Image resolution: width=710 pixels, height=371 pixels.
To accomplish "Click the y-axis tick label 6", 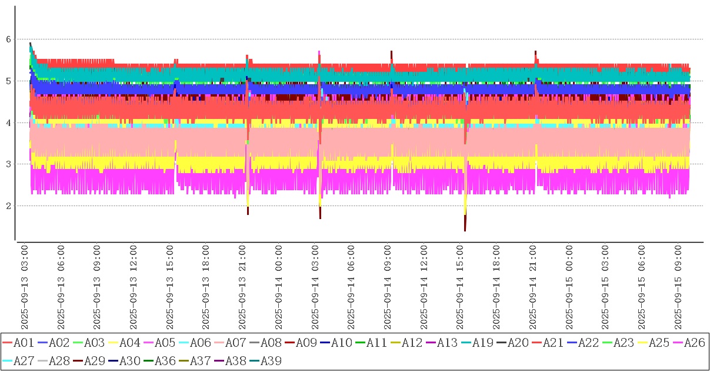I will (x=8, y=39).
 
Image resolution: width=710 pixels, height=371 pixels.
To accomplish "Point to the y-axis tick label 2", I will (x=8, y=206).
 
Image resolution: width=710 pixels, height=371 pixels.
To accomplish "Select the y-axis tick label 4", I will (x=8, y=123).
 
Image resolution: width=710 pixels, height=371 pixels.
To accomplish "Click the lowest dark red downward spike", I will (x=465, y=230).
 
